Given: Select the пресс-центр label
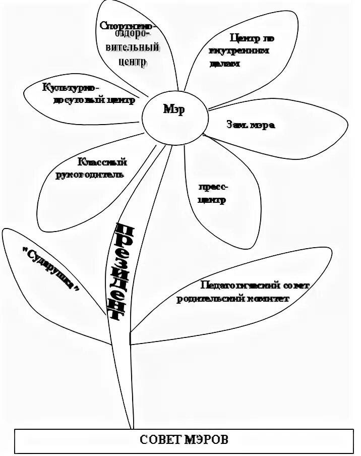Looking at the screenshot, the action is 212,193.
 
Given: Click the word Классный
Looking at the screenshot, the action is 102,162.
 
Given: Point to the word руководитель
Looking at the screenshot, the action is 88,175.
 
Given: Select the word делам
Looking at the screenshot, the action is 224,64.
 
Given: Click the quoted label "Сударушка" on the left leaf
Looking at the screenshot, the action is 52,268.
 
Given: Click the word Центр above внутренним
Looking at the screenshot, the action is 241,38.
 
